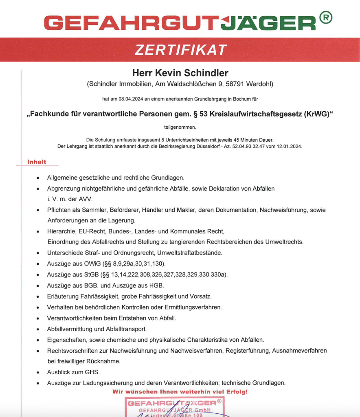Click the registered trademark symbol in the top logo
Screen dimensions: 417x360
tap(326, 18)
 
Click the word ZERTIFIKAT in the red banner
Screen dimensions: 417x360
tap(180, 50)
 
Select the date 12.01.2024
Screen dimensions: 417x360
tap(290, 146)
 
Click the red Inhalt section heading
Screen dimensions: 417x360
tap(37, 162)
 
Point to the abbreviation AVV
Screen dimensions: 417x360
tap(86, 199)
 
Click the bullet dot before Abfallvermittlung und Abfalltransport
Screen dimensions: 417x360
tap(38, 329)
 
